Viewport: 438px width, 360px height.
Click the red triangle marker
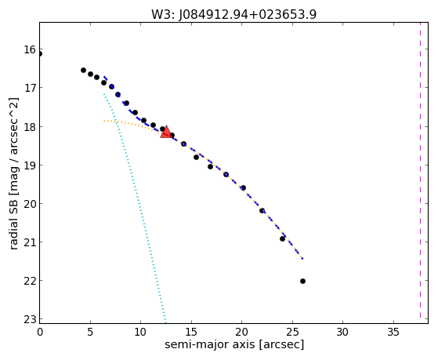click(x=166, y=132)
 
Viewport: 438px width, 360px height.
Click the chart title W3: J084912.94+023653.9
click(x=233, y=14)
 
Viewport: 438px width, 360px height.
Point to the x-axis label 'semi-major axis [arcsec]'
click(x=234, y=344)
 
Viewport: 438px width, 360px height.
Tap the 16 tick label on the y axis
click(x=31, y=49)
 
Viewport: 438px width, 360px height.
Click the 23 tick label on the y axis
click(x=31, y=319)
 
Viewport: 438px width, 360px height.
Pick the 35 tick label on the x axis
click(x=393, y=332)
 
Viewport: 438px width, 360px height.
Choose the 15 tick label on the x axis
click(x=191, y=332)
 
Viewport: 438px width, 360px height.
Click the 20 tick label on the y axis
click(x=31, y=204)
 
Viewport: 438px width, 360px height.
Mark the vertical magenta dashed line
click(x=420, y=170)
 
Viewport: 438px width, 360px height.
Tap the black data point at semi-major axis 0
click(x=40, y=53)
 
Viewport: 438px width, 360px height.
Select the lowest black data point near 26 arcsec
click(x=302, y=281)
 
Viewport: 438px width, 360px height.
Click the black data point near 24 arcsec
click(x=282, y=238)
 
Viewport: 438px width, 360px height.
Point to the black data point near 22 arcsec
click(x=262, y=210)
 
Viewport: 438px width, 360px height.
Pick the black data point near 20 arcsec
click(x=244, y=187)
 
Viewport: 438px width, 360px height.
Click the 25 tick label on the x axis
click(x=292, y=332)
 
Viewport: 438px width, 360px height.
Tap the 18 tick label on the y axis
click(x=31, y=127)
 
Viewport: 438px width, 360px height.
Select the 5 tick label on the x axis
click(x=90, y=332)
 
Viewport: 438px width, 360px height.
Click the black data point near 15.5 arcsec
click(x=197, y=157)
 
